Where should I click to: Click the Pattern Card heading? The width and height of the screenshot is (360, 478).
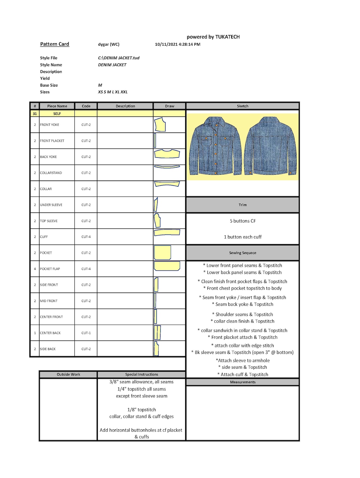[55, 44]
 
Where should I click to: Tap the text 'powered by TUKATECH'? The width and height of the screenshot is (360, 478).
[213, 37]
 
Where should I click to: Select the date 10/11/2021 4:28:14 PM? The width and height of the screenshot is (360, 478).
[177, 45]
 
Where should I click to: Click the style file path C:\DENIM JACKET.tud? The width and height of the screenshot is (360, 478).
[118, 58]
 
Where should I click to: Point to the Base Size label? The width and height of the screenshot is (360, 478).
[49, 85]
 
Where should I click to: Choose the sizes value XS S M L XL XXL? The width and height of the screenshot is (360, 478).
[113, 92]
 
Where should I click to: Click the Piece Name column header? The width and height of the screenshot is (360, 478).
[57, 106]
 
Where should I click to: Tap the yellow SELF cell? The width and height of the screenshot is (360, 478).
[57, 114]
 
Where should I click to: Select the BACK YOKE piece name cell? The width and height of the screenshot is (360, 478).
[57, 157]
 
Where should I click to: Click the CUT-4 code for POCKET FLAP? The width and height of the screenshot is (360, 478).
[86, 269]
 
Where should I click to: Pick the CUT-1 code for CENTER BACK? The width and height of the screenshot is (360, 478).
[86, 333]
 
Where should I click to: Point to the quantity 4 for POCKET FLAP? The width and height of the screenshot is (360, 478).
[35, 269]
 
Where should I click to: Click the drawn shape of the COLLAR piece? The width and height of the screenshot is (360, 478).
[167, 184]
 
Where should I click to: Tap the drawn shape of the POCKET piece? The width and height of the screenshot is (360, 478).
[163, 252]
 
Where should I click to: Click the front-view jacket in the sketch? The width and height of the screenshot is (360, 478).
[215, 146]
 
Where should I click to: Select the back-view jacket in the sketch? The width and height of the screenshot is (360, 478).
[271, 146]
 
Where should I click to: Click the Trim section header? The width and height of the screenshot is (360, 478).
[243, 205]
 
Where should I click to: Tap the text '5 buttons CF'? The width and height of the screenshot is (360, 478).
[243, 221]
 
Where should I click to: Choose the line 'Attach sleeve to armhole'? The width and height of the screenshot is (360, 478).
[243, 360]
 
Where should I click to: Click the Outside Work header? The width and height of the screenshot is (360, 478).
[68, 375]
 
